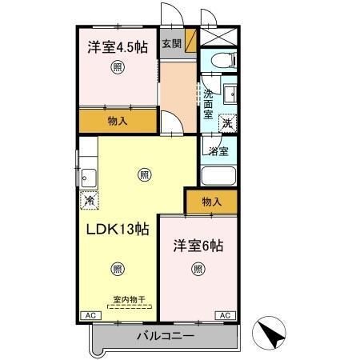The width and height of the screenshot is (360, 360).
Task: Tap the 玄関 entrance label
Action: pos(171,44)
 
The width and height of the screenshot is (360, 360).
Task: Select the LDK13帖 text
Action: pos(118,229)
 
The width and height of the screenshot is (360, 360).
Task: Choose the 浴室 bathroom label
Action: pos(218,150)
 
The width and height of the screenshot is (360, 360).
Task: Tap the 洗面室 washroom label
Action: pos(207,103)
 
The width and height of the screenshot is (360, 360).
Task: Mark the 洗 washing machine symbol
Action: pos(228,124)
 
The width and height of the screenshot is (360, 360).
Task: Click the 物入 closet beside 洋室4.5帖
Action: pos(118,120)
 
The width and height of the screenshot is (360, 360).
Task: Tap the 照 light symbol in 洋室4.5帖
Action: pos(118,68)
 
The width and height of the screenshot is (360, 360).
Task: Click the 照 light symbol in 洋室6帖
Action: pos(198,269)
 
